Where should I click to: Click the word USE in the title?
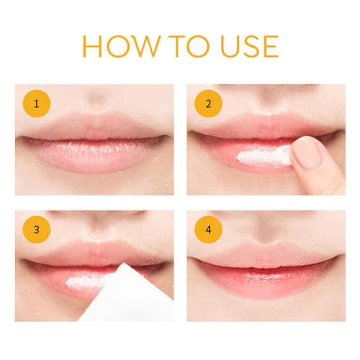248,45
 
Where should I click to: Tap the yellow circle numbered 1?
37,104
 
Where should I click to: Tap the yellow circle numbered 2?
208,104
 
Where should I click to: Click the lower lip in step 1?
94,157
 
